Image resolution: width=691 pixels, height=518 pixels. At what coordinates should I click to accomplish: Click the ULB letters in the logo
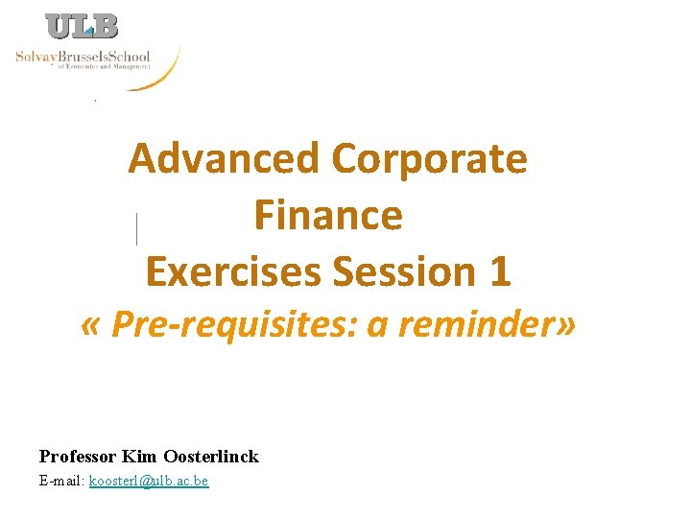[83, 27]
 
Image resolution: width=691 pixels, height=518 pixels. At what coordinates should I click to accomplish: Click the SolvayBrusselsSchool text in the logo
[83, 57]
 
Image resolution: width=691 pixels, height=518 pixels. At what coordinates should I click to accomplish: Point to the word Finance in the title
[328, 215]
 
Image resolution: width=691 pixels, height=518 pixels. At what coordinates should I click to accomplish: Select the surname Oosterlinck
[211, 457]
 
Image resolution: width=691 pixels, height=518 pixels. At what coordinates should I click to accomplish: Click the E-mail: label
[61, 481]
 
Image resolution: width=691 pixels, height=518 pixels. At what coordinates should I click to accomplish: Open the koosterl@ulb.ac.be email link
[149, 481]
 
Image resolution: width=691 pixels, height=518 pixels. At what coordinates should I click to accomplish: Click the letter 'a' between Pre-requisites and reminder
[377, 327]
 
